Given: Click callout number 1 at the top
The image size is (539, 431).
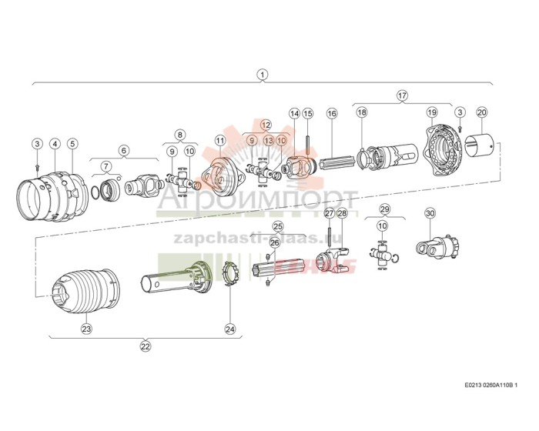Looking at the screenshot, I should [263, 75].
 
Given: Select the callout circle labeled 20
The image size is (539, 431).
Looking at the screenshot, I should [482, 112].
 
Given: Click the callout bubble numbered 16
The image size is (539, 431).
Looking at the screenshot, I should [332, 113].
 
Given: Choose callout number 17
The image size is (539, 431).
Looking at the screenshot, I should [401, 95].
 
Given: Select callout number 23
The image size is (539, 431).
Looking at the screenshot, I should [86, 329].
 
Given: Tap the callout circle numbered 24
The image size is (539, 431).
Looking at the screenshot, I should [229, 329].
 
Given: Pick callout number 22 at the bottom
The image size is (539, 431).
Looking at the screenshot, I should [145, 346].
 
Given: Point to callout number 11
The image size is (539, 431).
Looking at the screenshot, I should [221, 140].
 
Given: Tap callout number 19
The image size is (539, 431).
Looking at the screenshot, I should [432, 112].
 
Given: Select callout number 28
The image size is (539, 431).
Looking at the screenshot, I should [343, 212].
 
